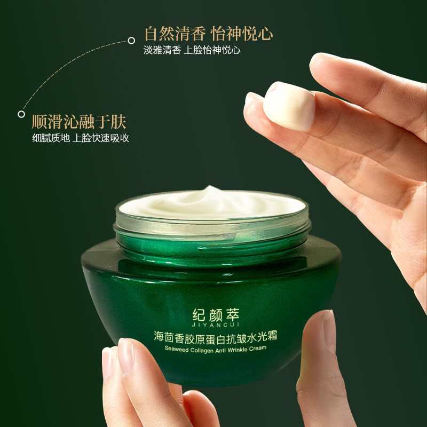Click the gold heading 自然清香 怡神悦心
(209, 34)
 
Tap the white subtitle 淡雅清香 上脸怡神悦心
(192, 50)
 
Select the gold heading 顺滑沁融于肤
(79, 122)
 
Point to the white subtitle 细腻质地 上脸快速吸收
(81, 138)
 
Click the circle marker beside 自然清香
(131, 41)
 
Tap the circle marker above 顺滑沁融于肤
(21, 114)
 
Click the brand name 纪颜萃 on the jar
(216, 315)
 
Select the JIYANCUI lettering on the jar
(216, 325)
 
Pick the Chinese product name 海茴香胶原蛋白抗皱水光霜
(216, 337)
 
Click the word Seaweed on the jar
(177, 349)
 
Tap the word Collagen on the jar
(202, 350)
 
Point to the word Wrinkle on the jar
(237, 350)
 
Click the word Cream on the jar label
(257, 348)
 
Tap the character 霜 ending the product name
(272, 336)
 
